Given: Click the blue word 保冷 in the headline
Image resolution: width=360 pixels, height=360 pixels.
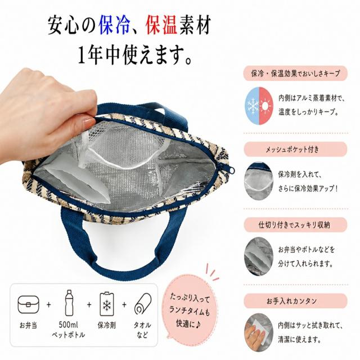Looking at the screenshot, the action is (x=114, y=25).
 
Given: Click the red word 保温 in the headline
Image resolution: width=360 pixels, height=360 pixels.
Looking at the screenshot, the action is (x=161, y=25).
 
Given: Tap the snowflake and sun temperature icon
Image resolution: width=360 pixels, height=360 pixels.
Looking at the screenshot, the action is (x=259, y=106).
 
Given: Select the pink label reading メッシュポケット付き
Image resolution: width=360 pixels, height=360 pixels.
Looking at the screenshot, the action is (x=295, y=149).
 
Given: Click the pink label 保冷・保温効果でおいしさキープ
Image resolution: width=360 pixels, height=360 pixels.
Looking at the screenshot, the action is (x=295, y=74).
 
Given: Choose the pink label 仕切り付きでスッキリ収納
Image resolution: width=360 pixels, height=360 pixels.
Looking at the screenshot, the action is (x=295, y=225).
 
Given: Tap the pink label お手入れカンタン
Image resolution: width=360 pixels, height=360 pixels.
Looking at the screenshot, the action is (x=295, y=301).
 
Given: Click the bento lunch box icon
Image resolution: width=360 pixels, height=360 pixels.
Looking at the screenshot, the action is (x=29, y=304).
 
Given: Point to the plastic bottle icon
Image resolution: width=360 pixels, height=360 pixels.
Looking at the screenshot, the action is (x=69, y=303).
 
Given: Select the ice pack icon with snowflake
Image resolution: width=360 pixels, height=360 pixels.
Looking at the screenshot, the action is (x=107, y=304).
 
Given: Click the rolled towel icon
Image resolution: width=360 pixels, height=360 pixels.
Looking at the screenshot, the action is (x=143, y=304).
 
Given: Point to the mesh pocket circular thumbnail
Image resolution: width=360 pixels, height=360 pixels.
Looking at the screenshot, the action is (x=259, y=181).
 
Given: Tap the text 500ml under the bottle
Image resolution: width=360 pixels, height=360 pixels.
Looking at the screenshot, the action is (x=69, y=325).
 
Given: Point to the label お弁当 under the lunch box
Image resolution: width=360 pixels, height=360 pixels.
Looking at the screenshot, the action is (x=28, y=325).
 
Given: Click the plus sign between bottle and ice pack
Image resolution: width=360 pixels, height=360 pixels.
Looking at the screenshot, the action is (x=89, y=304).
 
